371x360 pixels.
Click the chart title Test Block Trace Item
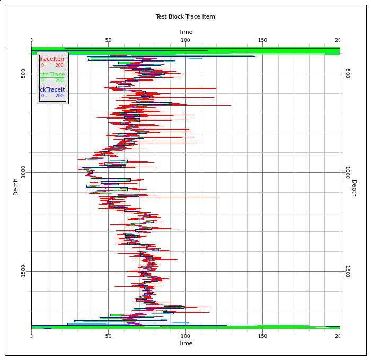[x=185, y=16]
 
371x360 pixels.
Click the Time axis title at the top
[x=185, y=32]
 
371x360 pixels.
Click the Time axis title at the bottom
[x=185, y=343]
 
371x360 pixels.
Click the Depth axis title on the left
[x=16, y=187]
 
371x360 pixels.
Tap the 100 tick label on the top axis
[x=185, y=40]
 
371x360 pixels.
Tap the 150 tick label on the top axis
[x=262, y=40]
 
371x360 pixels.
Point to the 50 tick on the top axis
[x=108, y=40]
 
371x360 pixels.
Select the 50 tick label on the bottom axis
[x=108, y=336]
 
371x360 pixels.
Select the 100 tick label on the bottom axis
[x=185, y=336]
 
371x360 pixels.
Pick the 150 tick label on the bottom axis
[x=262, y=336]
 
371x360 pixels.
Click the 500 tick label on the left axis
[x=23, y=73]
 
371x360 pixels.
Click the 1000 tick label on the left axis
[x=23, y=172]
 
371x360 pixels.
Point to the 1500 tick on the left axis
[x=23, y=271]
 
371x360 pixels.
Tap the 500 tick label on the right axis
[x=347, y=73]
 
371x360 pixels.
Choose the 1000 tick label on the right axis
[x=347, y=172]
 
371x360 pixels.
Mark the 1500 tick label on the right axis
[x=347, y=271]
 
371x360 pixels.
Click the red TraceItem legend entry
[x=52, y=62]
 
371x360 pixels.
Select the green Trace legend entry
[x=52, y=77]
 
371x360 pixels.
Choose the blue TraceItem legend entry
[x=52, y=93]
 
